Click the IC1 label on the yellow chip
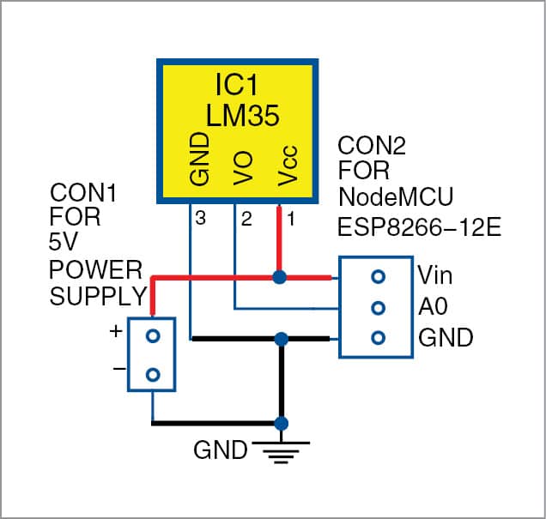pos(237,85)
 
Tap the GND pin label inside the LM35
pos(198,161)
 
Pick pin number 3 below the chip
pos(201,220)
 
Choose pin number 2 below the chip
pos(246,220)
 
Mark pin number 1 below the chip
pos(289,220)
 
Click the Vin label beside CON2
pos(436,275)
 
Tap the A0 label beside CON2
pos(434,306)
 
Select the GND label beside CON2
pos(446,338)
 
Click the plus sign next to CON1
pos(115,331)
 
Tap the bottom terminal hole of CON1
pos(152,374)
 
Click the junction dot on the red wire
pos(279,277)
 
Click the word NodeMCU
pos(384,196)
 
